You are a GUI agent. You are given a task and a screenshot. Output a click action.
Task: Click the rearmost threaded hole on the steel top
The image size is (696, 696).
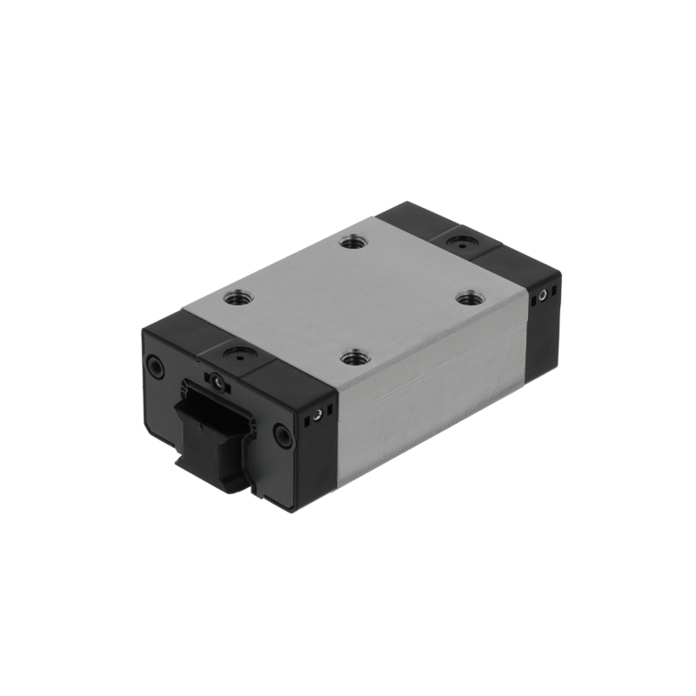pos(351,244)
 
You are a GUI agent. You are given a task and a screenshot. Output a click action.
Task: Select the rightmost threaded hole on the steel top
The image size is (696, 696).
pos(471,298)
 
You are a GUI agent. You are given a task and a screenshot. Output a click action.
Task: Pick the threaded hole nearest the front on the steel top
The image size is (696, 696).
pos(352,358)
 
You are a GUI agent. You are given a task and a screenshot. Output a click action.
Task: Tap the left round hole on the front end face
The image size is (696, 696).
pos(155,367)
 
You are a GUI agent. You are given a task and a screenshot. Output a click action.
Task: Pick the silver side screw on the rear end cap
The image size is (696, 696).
pos(543,296)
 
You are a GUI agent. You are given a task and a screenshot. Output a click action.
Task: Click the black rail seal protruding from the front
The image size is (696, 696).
pos(209,435)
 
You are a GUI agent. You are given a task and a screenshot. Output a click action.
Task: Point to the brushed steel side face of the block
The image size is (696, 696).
pos(435,409)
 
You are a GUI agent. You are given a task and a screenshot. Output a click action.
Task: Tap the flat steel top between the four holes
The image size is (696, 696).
pos(352,300)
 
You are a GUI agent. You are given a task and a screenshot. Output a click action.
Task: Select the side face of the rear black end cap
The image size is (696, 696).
pos(544,322)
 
